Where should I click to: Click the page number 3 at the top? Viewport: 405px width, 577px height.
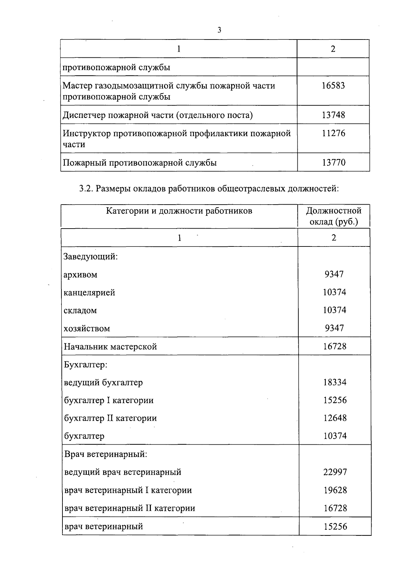coord(219,30)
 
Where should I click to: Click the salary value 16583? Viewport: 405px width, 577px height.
coord(333,86)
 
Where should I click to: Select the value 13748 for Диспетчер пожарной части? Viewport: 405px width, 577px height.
coord(333,115)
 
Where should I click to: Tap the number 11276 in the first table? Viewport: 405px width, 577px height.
coord(333,133)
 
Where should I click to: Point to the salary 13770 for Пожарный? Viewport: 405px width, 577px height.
coord(333,163)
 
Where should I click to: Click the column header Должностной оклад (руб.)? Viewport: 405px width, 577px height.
coord(333,216)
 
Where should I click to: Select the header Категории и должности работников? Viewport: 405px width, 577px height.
coord(179,211)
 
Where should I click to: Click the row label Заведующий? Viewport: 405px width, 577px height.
coord(90,256)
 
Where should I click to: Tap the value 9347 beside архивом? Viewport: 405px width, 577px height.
coord(334,274)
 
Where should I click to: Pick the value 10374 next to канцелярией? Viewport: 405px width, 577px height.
coord(334,292)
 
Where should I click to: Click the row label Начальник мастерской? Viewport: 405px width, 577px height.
coord(110,347)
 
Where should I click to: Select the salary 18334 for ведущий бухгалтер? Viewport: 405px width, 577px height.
coord(334,382)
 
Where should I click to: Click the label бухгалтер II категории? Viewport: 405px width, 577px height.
coord(110,418)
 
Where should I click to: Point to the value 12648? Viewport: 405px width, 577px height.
coord(335,418)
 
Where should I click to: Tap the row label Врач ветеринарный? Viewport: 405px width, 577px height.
coord(106,454)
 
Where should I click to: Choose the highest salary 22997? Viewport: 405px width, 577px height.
coord(335,472)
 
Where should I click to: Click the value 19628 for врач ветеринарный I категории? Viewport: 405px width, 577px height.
coord(335,490)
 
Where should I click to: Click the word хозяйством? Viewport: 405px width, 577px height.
coord(87,329)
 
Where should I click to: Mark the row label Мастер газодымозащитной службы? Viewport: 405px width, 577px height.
coord(169,86)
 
